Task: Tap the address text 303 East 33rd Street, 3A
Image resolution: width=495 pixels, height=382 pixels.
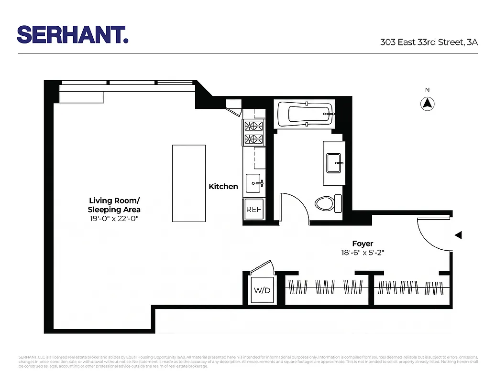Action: coord(429,42)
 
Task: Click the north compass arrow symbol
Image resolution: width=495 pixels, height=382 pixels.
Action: coord(427,103)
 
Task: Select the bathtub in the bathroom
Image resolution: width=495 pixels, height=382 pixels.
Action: coord(304,115)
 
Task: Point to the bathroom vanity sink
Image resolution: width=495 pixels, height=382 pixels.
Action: coord(333,163)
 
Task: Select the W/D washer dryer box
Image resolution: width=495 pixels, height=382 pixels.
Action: coord(261,289)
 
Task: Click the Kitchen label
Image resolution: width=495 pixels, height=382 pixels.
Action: coord(223,186)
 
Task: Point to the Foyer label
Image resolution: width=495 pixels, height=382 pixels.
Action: coord(363,243)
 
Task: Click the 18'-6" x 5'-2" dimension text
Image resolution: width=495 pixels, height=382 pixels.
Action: coord(363,253)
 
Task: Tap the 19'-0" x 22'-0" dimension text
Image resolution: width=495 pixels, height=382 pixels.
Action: coord(114,218)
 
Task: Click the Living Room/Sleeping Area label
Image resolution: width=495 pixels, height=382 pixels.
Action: coord(114,205)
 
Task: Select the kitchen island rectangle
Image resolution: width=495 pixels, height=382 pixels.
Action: coord(189,183)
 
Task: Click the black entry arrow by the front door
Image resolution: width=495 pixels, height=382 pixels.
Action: coord(458,235)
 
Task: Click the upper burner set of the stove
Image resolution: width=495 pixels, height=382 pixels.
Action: coord(254,126)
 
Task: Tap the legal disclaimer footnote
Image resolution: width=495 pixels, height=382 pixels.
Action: coord(247,361)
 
